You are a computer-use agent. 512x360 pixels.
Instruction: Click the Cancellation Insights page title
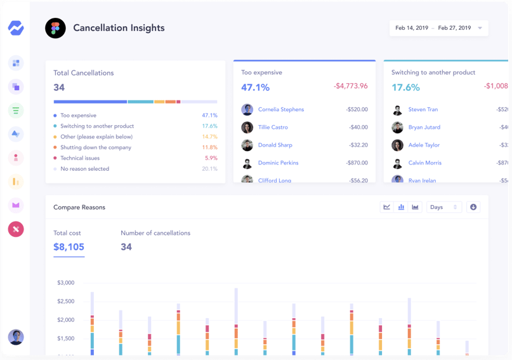119,28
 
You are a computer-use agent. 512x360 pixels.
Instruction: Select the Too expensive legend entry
78,116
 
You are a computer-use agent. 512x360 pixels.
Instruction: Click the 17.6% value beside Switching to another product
209,126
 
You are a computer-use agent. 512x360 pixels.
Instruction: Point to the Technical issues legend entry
80,158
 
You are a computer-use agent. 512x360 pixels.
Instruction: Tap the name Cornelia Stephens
280,110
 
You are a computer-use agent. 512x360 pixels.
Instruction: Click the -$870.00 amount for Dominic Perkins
357,163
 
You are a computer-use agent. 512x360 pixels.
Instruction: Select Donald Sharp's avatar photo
247,145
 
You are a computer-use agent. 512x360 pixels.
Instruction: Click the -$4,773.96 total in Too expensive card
350,86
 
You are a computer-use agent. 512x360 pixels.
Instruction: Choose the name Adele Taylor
424,145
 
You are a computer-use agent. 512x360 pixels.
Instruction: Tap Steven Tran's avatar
398,110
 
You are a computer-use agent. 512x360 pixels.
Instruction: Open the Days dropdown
444,207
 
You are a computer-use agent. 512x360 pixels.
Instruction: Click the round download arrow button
473,207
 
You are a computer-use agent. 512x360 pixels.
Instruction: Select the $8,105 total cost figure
69,247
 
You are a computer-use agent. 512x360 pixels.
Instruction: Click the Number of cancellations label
155,233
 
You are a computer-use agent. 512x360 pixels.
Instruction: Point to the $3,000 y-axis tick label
65,283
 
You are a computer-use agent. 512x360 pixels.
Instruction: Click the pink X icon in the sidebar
16,229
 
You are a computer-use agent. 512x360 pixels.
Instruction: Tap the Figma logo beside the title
55,28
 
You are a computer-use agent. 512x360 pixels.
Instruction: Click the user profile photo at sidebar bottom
16,337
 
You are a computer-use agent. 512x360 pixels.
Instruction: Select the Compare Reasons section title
79,208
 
